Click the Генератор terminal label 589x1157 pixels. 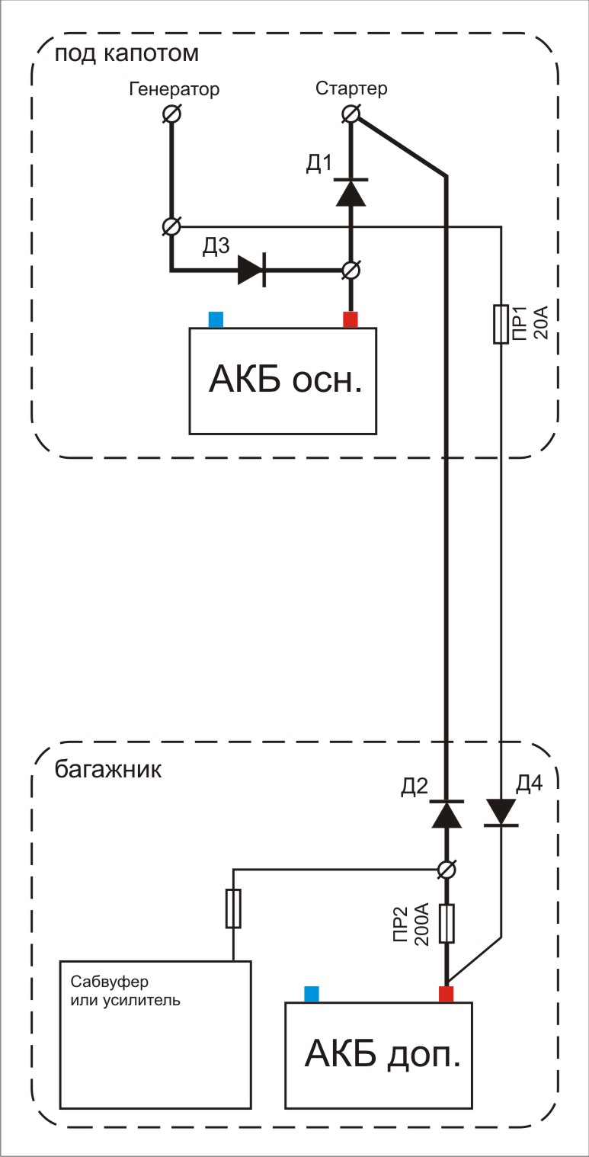click(x=174, y=89)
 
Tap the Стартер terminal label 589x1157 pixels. click(x=351, y=88)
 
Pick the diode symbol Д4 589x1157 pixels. click(x=501, y=812)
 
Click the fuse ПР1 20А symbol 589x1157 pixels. click(x=501, y=324)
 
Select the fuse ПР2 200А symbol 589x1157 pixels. click(x=447, y=924)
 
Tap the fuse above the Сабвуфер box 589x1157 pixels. click(x=233, y=908)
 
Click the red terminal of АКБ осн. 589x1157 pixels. click(x=351, y=320)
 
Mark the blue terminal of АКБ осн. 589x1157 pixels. click(x=216, y=320)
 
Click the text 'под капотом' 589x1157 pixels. click(x=126, y=55)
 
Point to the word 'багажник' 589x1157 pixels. click(x=108, y=768)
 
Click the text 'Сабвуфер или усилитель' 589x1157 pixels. click(x=125, y=989)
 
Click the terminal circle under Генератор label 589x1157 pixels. click(x=173, y=114)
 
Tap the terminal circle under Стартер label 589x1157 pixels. click(x=351, y=114)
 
